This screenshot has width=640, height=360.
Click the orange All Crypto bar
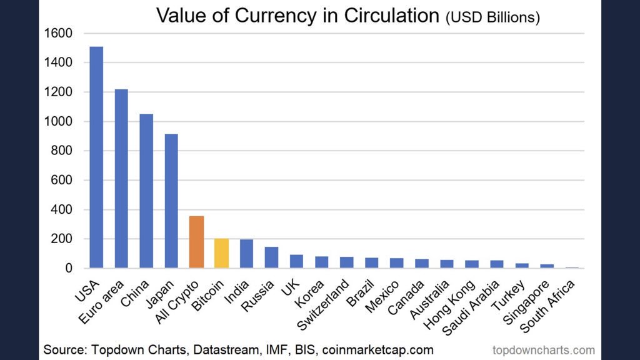click(196, 242)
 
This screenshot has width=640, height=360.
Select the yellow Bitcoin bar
click(221, 254)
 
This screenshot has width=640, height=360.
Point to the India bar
click(246, 254)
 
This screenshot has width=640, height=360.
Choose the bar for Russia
click(271, 258)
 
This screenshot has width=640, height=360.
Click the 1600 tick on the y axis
click(59, 33)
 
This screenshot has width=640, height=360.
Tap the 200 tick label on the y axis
click(62, 239)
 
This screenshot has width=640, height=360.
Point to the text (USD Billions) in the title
click(492, 17)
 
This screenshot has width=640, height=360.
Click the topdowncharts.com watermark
click(543, 350)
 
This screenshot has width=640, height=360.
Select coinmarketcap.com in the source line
click(378, 349)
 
